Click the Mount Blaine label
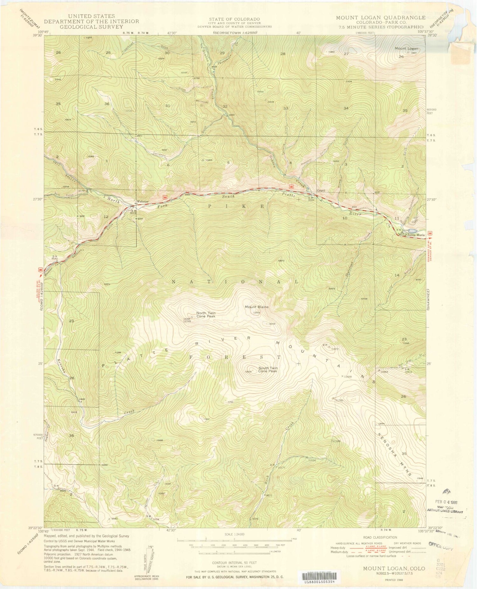[256, 307]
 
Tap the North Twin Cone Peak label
[206, 315]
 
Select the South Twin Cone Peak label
[268, 370]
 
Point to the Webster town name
[143, 202]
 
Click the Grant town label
[321, 191]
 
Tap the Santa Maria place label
[416, 235]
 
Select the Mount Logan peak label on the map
[406, 49]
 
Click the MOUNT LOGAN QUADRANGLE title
[381, 18]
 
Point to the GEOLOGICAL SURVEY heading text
[91, 27]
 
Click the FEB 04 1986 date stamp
[446, 503]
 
